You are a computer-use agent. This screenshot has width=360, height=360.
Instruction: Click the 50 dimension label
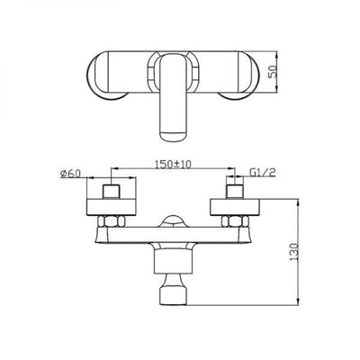[273, 71]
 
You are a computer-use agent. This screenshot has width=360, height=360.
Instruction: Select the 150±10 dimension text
[174, 164]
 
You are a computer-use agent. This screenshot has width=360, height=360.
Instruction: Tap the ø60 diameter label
[70, 174]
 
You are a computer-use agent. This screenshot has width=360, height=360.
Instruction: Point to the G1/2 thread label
[262, 173]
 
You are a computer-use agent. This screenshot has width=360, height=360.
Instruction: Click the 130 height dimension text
[294, 251]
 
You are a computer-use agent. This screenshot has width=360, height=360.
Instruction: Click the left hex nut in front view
[111, 221]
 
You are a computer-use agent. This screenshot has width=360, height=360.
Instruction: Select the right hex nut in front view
[235, 221]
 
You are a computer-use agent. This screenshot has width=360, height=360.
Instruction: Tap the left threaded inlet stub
[112, 192]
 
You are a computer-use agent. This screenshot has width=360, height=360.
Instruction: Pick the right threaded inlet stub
[235, 192]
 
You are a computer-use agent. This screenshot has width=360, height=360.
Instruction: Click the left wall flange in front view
[112, 207]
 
